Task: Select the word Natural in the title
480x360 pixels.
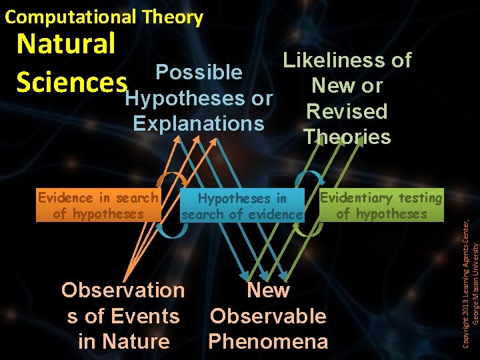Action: pos(66,44)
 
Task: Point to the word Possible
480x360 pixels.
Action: pos(198,72)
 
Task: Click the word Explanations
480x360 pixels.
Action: pos(199,123)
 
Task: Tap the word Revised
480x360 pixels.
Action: pos(347,111)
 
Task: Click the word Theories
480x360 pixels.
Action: pos(347,137)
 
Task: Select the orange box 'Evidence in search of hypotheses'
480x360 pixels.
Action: pos(98,205)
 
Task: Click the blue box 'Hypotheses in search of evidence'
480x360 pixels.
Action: pos(242,206)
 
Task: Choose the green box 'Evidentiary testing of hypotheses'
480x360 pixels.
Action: pos(381,205)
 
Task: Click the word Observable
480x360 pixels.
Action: pos(268,315)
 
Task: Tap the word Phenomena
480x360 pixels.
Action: pos(268,341)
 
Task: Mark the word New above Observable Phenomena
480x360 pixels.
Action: pos(268,290)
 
